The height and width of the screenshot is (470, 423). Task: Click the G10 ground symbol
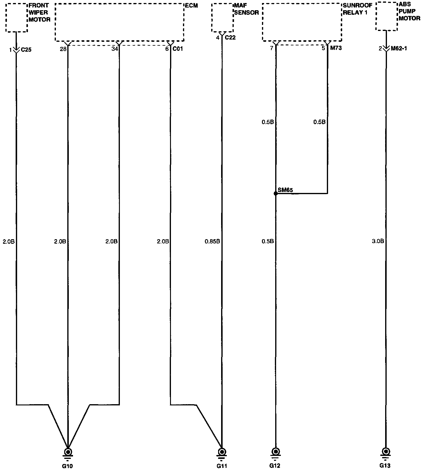click(x=68, y=452)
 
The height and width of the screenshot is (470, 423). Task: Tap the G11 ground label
click(x=222, y=466)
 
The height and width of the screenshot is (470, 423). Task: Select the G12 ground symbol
click(x=275, y=452)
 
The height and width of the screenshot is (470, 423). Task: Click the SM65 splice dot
click(x=276, y=194)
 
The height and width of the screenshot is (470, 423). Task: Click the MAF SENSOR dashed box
click(x=222, y=18)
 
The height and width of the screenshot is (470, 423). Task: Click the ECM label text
click(x=191, y=6)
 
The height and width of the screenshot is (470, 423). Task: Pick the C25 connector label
click(x=26, y=50)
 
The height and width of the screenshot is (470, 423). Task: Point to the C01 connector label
click(x=178, y=49)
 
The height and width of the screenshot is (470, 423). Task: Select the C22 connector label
click(x=230, y=38)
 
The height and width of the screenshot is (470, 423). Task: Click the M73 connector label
click(x=336, y=48)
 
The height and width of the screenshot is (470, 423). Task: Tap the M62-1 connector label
click(x=399, y=48)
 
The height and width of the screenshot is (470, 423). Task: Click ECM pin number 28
click(x=63, y=49)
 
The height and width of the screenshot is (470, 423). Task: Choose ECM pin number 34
click(x=114, y=49)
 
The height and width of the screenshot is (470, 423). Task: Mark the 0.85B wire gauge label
click(x=212, y=241)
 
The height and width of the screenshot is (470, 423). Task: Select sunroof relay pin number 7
click(x=272, y=48)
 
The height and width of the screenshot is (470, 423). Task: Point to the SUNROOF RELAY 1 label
click(x=358, y=9)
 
